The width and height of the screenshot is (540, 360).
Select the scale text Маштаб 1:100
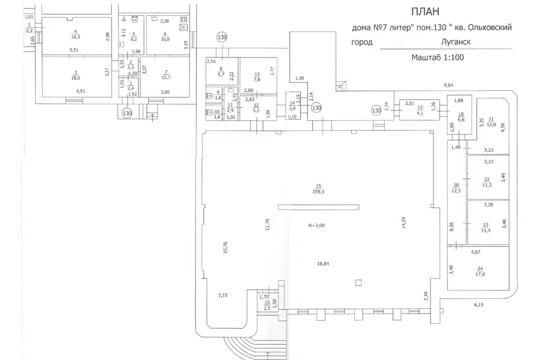[437, 57]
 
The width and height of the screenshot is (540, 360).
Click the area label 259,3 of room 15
[318, 191]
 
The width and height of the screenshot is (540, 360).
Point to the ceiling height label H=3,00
[317, 225]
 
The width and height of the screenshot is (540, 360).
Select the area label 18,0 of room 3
[75, 78]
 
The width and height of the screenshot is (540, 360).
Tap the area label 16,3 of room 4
[75, 36]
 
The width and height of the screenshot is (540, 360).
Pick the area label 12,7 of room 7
[165, 78]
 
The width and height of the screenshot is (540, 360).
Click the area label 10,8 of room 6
[165, 39]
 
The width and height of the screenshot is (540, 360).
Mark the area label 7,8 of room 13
[257, 80]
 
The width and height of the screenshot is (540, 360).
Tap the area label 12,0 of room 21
[491, 124]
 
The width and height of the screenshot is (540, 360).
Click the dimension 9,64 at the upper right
[448, 85]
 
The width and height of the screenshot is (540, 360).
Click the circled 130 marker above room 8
[222, 37]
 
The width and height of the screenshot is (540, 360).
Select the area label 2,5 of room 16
[267, 307]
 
